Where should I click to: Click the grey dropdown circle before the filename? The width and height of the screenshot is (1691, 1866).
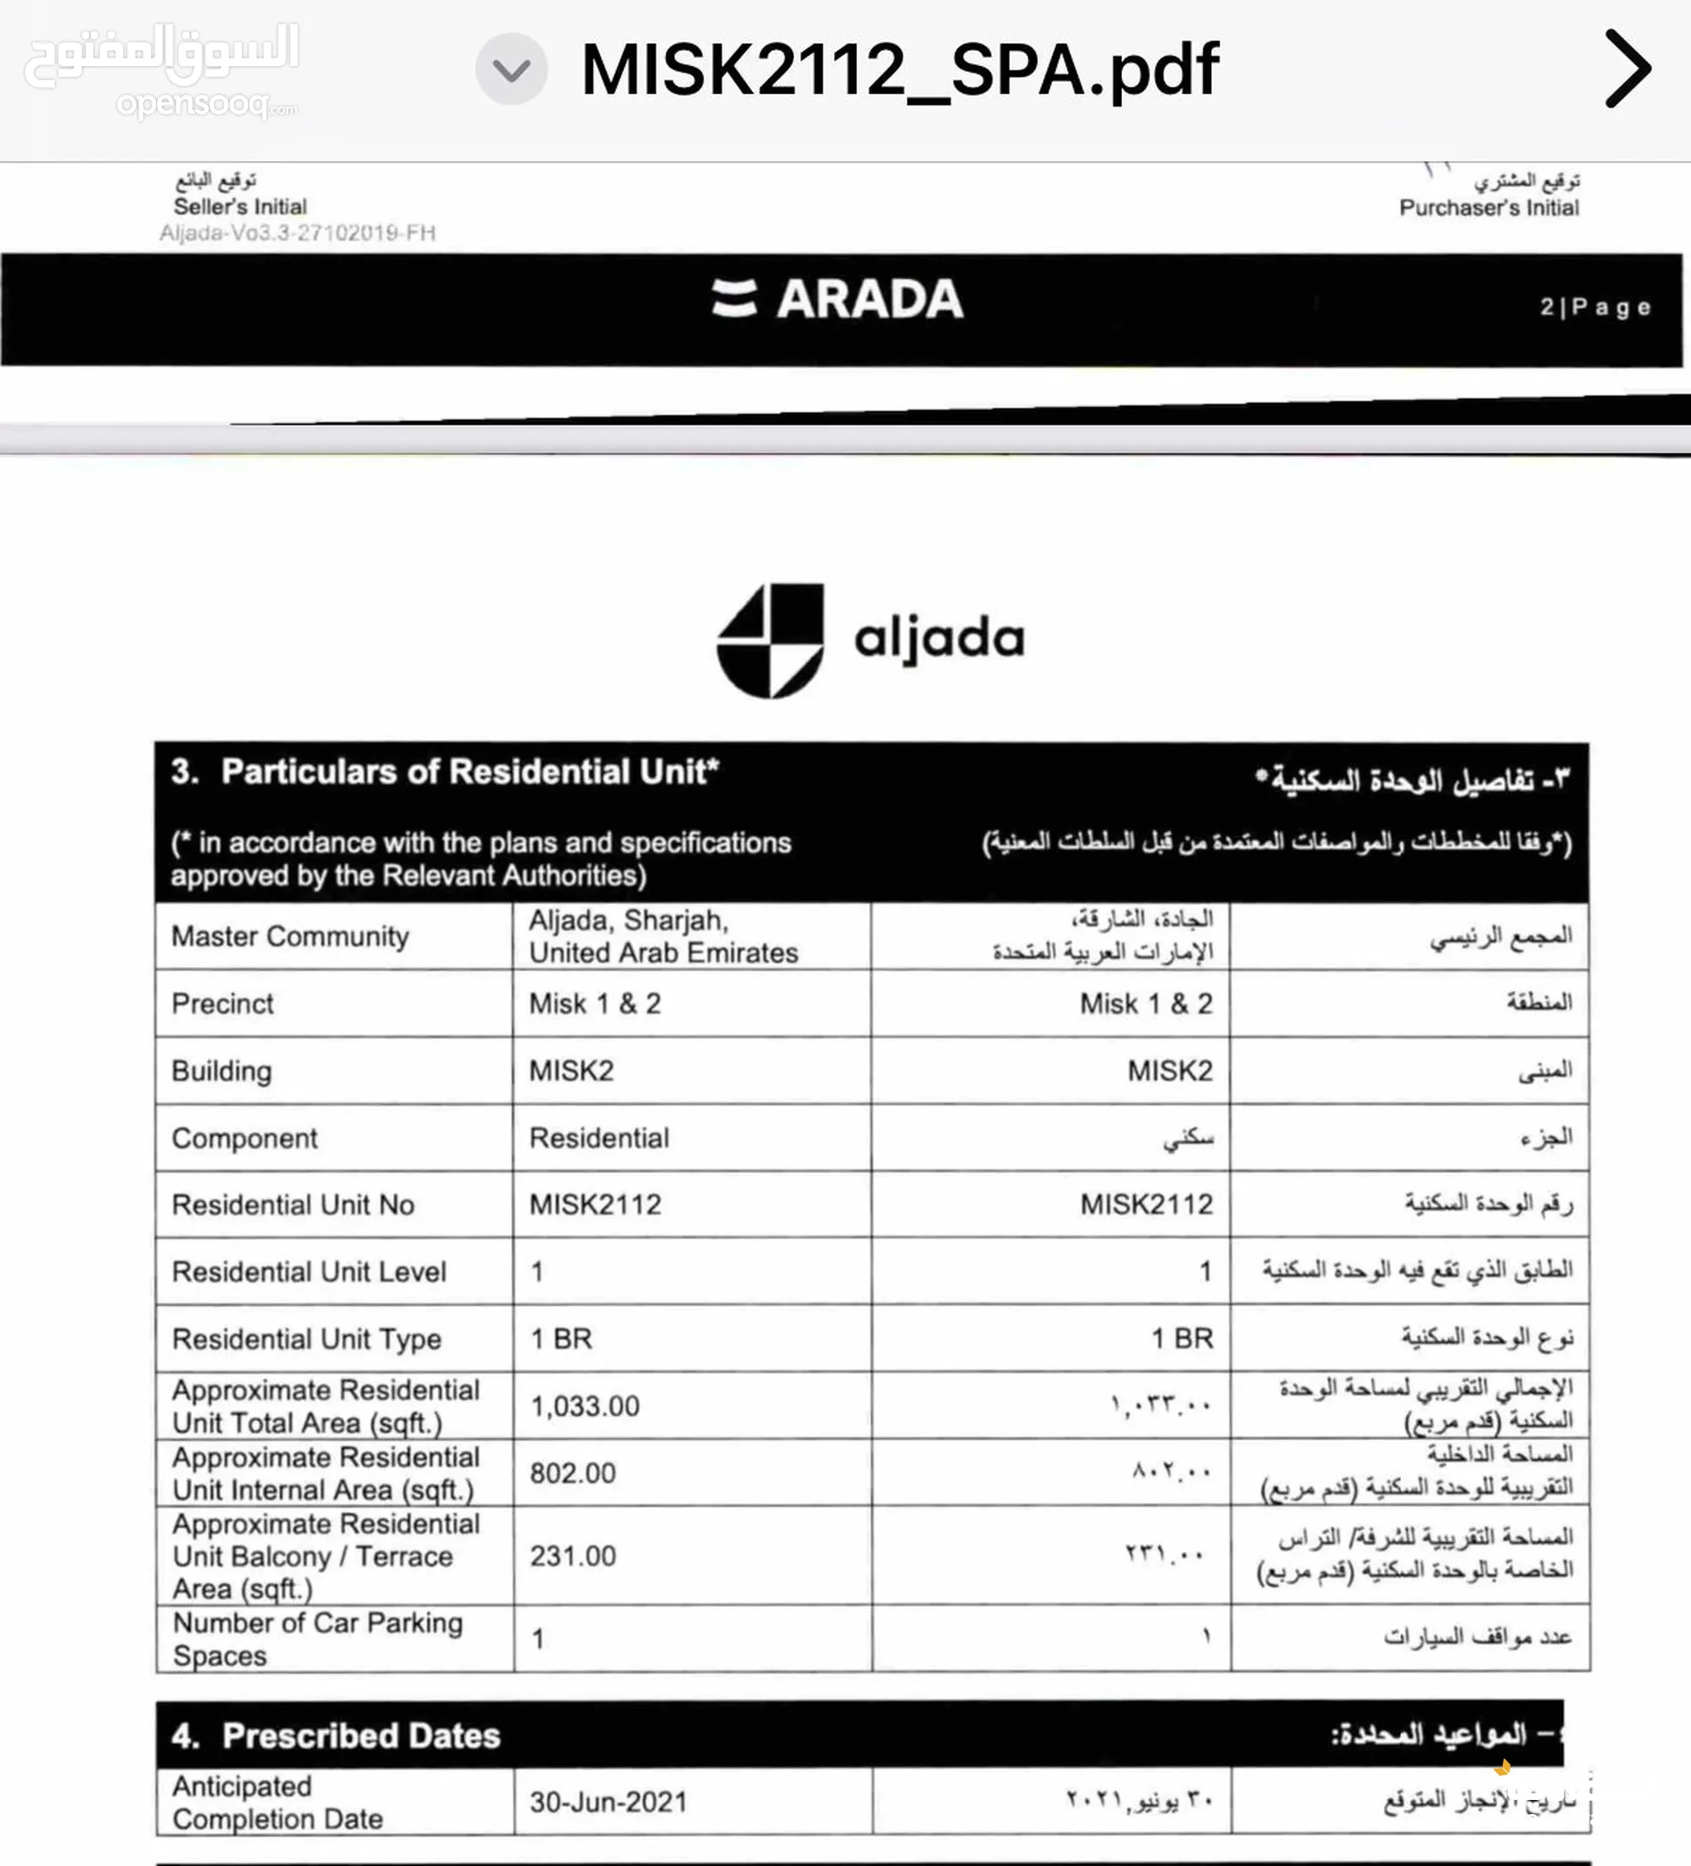[x=511, y=69]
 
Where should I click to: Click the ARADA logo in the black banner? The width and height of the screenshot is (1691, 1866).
[x=837, y=299]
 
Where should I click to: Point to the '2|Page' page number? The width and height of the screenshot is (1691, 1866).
[x=1594, y=306]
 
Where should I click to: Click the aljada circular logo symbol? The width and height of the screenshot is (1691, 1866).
[x=770, y=640]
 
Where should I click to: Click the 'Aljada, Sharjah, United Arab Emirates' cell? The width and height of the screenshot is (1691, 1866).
[x=663, y=935]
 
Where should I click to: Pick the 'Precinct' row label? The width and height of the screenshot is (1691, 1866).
[x=223, y=1003]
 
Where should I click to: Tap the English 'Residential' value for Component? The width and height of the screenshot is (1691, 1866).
[x=599, y=1138]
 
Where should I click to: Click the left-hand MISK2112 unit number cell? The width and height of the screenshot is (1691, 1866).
[x=595, y=1204]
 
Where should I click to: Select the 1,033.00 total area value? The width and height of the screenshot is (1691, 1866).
[x=584, y=1406]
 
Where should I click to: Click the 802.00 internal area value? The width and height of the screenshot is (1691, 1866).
[x=572, y=1473]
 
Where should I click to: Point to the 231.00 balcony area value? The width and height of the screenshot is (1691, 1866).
[x=572, y=1556]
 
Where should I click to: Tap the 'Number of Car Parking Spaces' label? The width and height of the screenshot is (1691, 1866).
[x=317, y=1638]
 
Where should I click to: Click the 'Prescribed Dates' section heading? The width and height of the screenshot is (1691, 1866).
[x=361, y=1736]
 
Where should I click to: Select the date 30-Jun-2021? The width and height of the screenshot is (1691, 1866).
[x=608, y=1802]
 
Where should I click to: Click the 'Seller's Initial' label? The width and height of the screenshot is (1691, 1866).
[x=239, y=206]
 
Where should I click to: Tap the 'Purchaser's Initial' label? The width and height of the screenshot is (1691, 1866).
[x=1489, y=207]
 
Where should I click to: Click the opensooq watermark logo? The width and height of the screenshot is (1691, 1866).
[x=161, y=69]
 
